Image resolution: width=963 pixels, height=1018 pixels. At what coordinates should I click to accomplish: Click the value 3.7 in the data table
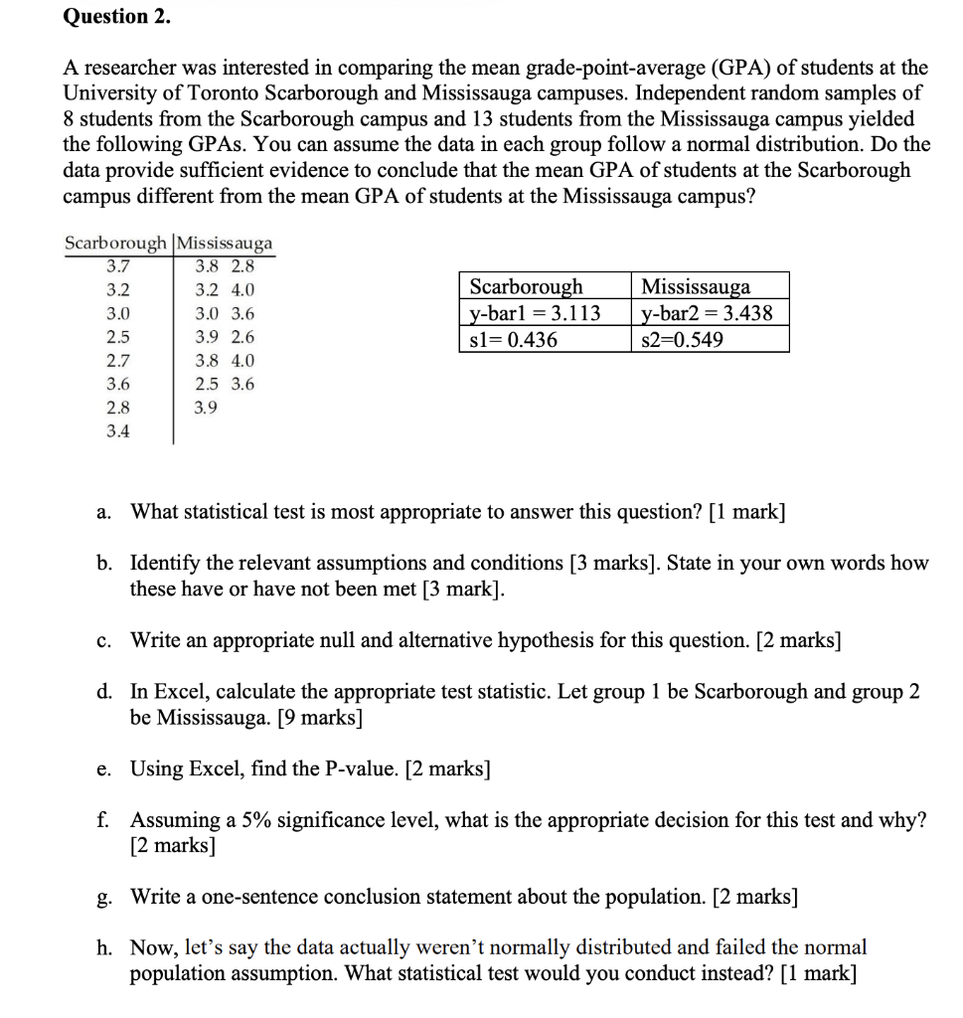[117, 266]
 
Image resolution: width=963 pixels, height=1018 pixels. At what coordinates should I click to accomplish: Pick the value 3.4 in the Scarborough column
[117, 431]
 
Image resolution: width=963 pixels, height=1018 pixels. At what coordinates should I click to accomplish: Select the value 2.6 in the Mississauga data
[242, 337]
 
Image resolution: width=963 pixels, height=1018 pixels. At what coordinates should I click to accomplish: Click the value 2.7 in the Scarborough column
[117, 361]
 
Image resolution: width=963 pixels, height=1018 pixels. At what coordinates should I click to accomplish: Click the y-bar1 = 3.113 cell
[535, 313]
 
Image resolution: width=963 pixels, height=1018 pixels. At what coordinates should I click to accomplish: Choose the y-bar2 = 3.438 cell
[706, 313]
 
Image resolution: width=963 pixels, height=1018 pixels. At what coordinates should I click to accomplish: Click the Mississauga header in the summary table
[696, 287]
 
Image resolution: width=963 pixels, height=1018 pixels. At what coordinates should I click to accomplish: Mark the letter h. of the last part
[104, 947]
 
